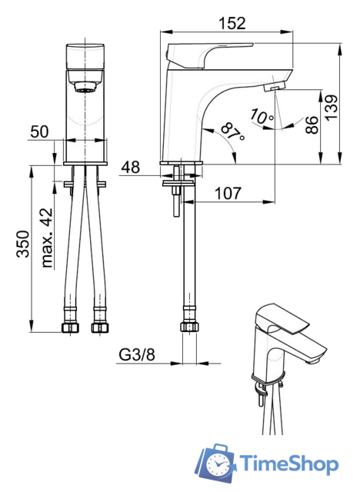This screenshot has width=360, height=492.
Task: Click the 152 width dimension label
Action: coord(232,23)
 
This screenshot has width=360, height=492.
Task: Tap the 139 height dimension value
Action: coord(331,108)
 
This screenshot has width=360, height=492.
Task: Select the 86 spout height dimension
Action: coord(312,125)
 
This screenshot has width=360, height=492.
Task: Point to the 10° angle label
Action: coord(262,116)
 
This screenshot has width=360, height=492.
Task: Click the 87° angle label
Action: coord(232,132)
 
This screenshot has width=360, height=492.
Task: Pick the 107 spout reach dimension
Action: coord(228,193)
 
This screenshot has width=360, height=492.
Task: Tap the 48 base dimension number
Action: coord(131,168)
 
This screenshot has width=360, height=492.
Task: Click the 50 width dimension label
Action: coord(39,131)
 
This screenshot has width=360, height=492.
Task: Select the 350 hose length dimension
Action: coord(23,244)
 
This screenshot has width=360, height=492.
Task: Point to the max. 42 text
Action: coord(48,238)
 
